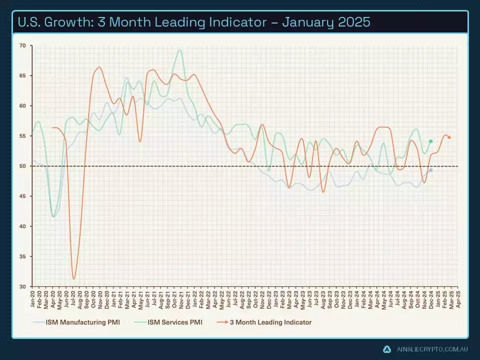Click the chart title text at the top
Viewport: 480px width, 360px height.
coord(193,22)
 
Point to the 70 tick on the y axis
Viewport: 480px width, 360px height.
coord(22,45)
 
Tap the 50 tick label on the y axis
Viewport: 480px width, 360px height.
coord(22,166)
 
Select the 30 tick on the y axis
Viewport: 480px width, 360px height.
coord(22,286)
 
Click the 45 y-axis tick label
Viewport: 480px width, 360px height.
coord(22,196)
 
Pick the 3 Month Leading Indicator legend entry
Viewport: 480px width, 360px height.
coord(270,322)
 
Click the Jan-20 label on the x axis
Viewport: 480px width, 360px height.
coord(33,298)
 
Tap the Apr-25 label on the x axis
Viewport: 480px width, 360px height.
coord(457,298)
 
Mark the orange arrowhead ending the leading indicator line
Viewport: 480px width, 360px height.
coord(450,137)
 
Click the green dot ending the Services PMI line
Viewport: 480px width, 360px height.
coord(430,141)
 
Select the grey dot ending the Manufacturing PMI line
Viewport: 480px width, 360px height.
coord(430,170)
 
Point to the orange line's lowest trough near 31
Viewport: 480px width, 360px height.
coord(74,278)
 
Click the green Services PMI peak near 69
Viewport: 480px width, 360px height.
coord(179,50)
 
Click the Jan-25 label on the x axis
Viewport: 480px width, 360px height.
coord(437,298)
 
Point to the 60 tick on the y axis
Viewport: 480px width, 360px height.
coord(22,106)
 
